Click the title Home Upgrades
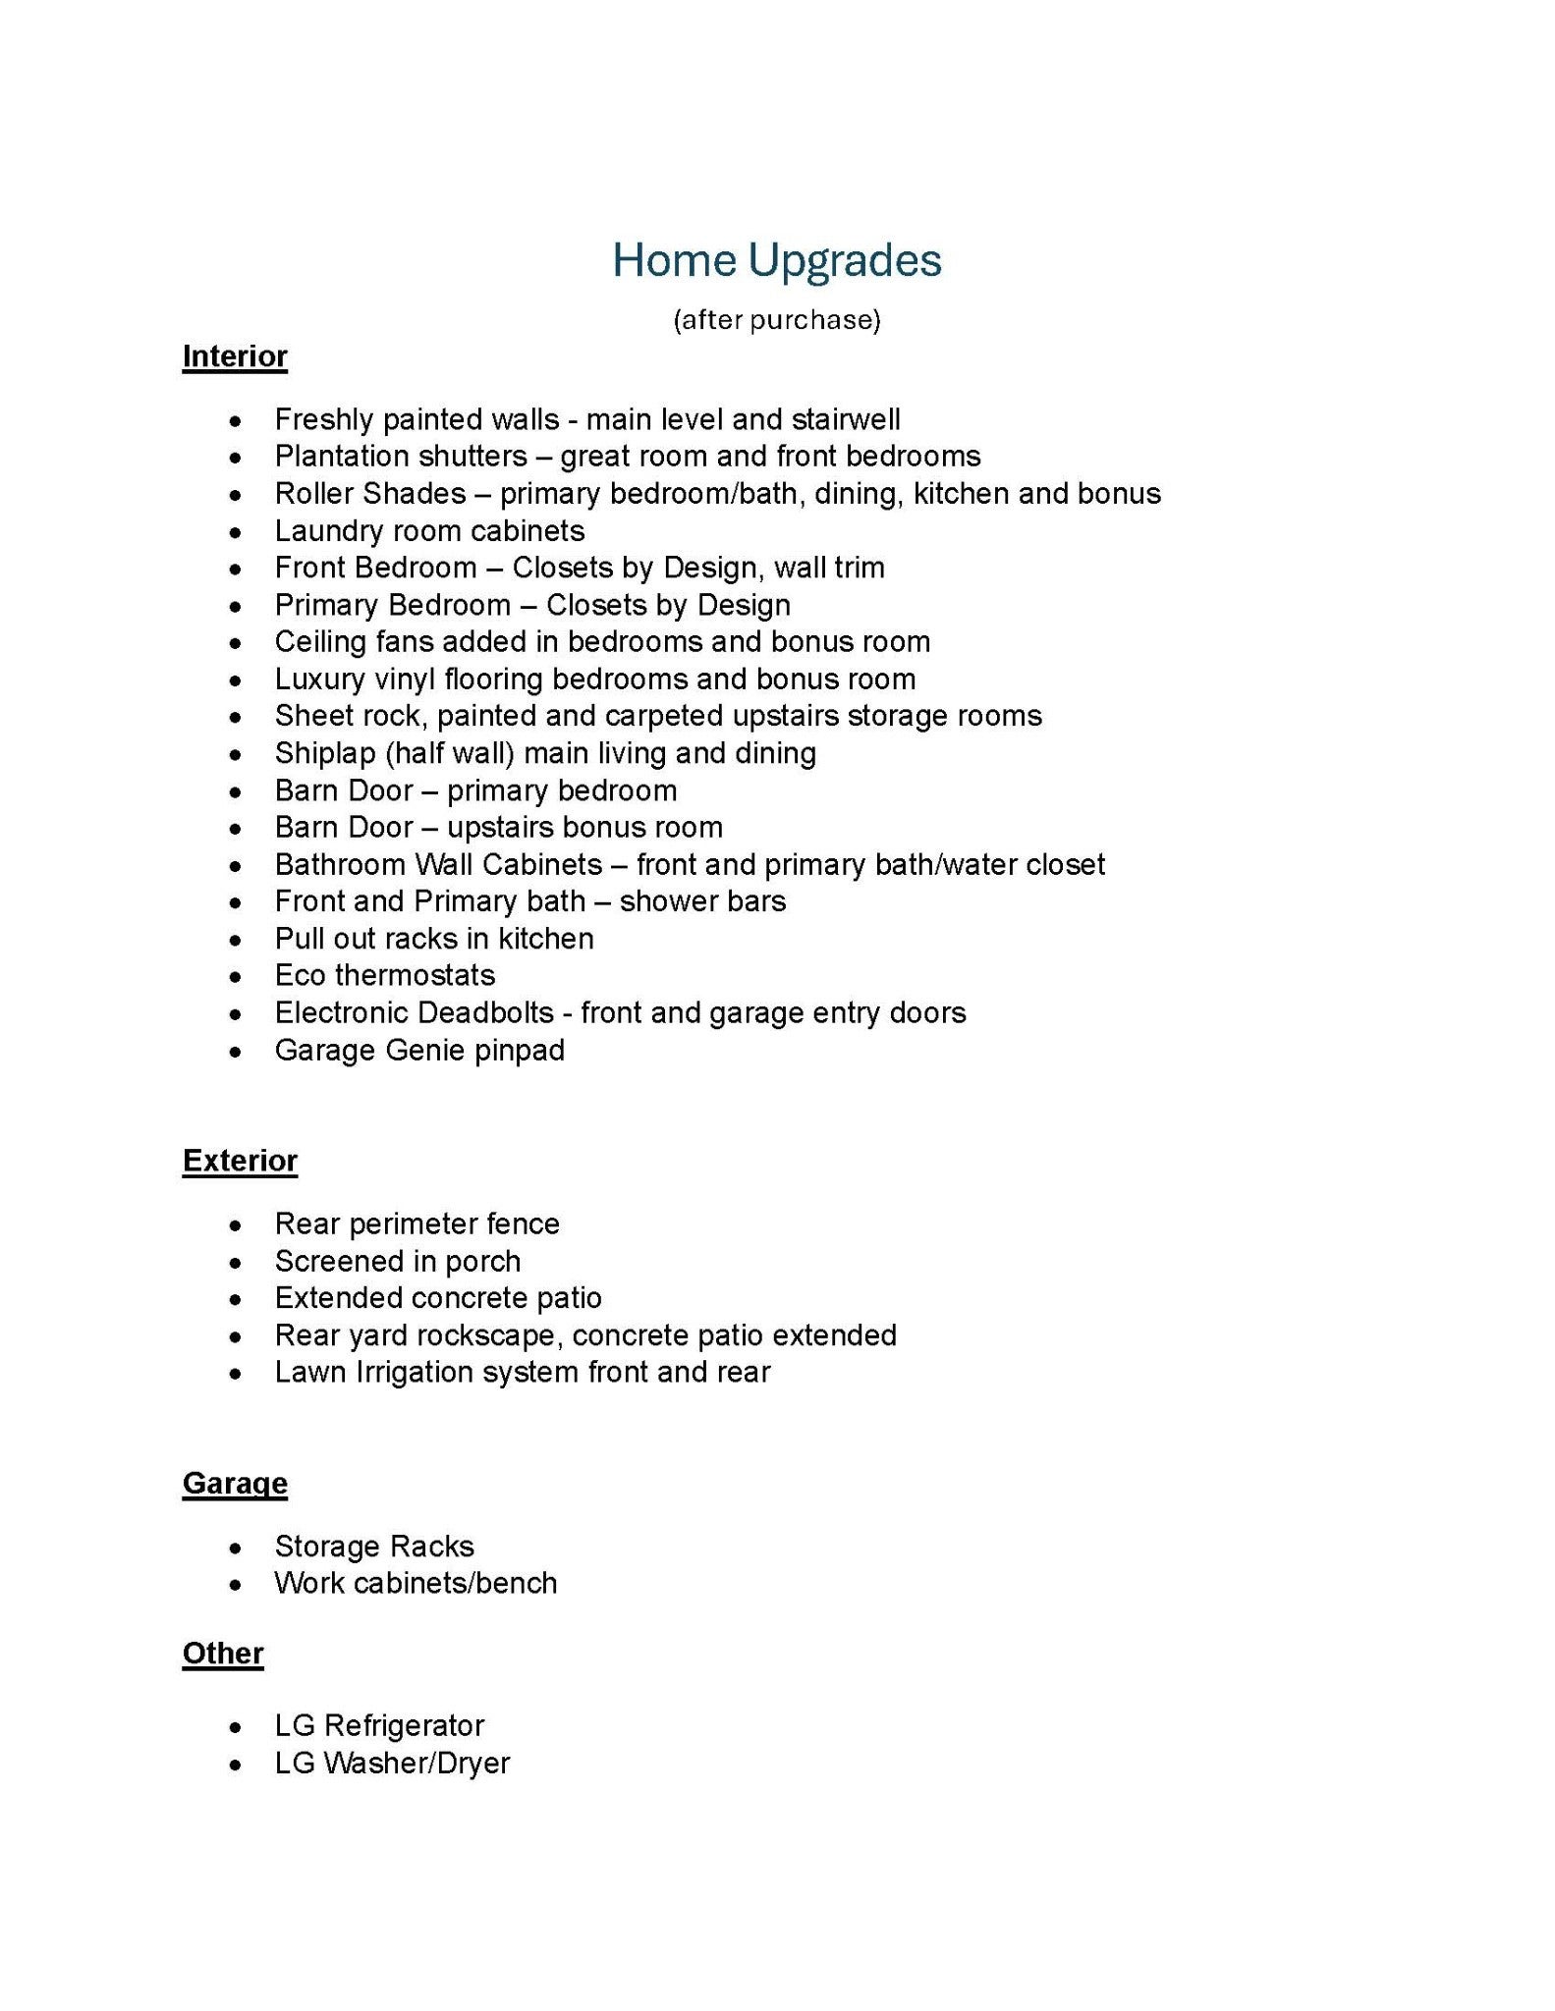coord(776,261)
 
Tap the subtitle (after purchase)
coord(776,320)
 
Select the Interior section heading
coord(235,356)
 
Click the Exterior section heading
coord(240,1161)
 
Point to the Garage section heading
coord(235,1483)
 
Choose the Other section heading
coord(223,1654)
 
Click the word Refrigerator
coord(404,1726)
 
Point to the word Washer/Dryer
coord(417,1764)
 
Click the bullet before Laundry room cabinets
coord(235,533)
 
